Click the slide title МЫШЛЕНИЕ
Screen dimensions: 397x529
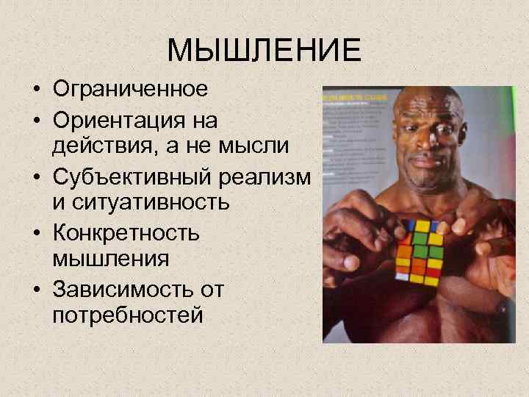coord(264,50)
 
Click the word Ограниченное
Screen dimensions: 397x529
coord(130,90)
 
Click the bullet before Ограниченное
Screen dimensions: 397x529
coord(35,91)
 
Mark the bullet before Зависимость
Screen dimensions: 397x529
coord(35,290)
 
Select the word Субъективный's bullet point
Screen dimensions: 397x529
coord(35,177)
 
